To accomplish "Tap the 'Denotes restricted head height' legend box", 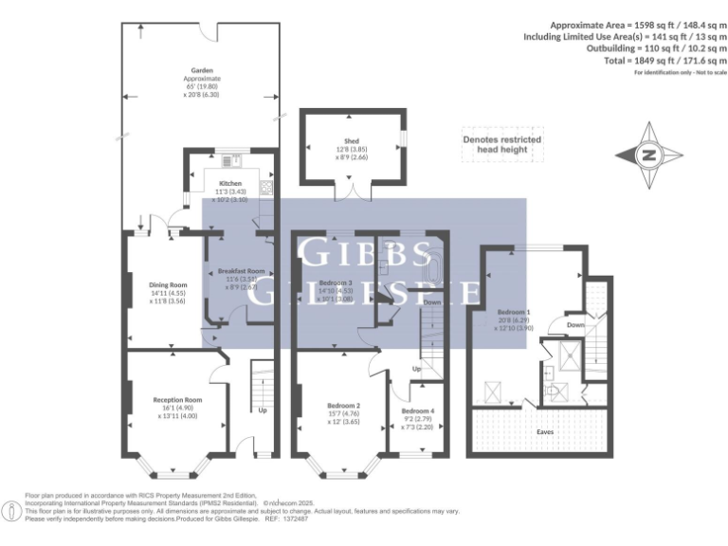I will click(x=501, y=144).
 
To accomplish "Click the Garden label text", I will click(x=201, y=70).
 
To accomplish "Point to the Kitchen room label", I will click(x=231, y=183).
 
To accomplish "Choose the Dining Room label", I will click(x=168, y=284).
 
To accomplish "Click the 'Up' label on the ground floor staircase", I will click(x=263, y=410).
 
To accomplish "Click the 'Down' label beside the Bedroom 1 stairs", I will click(x=575, y=323).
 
